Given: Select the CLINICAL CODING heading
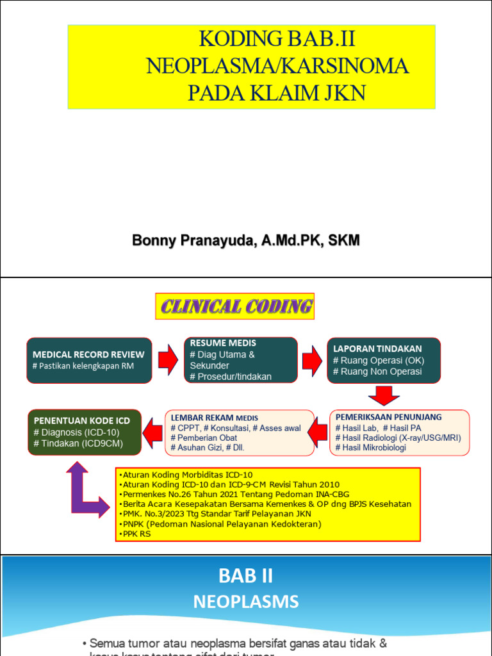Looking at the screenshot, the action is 236,306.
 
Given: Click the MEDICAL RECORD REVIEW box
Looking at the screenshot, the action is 89,360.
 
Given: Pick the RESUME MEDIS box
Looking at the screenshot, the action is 241,360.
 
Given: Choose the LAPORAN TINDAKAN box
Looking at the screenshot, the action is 384,360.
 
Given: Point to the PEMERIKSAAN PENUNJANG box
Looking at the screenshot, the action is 400,432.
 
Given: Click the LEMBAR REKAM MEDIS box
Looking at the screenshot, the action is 239,432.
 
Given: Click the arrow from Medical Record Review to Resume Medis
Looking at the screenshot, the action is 168,359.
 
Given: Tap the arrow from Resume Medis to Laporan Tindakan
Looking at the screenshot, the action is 313,359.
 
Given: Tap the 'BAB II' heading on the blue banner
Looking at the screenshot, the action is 246,576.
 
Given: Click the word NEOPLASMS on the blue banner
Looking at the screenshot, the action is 246,602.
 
